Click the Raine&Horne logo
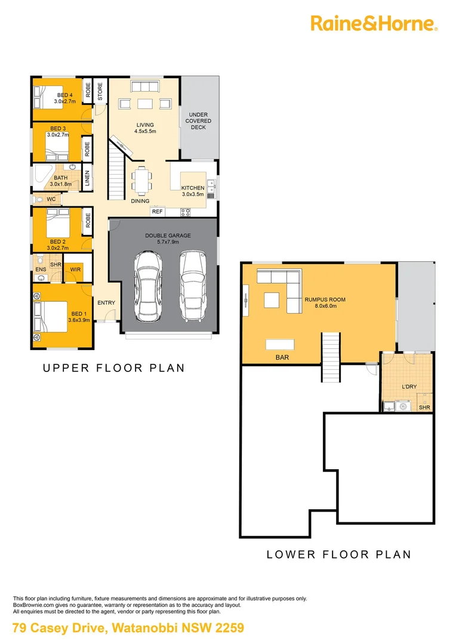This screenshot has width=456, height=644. pos(374,23)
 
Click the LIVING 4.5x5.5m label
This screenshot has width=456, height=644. pos(145,128)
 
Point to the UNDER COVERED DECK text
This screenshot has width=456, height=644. pos(199,121)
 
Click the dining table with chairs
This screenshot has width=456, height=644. pos(141,180)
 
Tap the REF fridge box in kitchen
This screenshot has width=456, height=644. pos(157,212)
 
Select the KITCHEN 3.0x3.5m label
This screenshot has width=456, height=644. pos(193,191)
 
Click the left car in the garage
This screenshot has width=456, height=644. pos(147,285)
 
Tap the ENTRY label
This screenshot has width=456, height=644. pos(106,303)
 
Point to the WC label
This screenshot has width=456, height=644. pos(51,199)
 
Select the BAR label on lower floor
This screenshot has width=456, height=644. pos(282,358)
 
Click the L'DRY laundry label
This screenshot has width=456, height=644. pos(409,387)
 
